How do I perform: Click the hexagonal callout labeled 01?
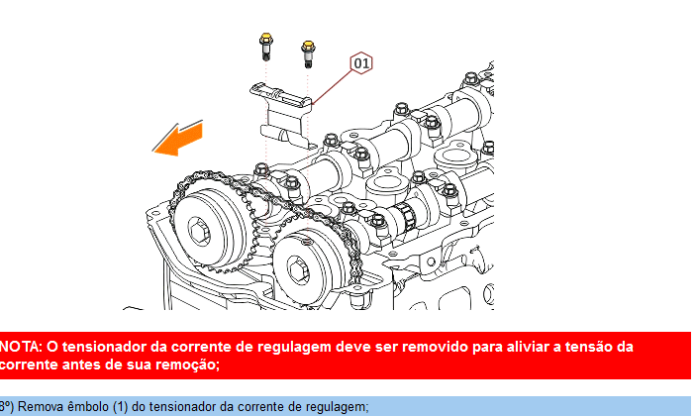coord(361,63)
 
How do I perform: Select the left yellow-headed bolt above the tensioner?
coord(266,47)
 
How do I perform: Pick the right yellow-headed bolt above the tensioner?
coord(308,54)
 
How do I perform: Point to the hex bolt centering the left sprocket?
coord(199,231)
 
